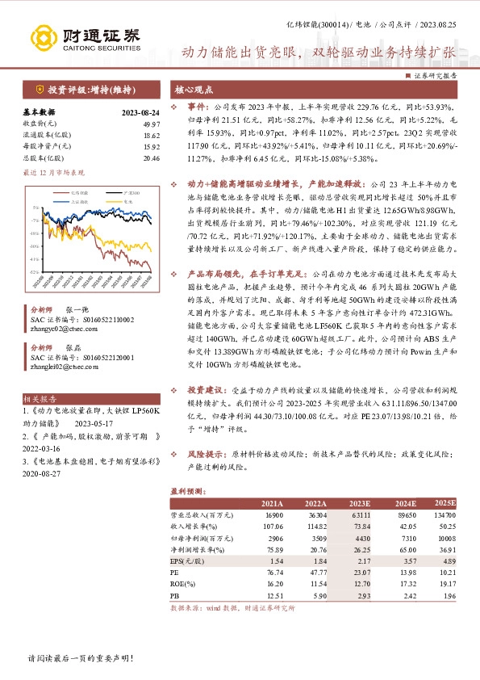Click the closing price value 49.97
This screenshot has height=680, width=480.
pyautogui.click(x=150, y=123)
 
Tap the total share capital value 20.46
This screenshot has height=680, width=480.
pyautogui.click(x=151, y=158)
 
